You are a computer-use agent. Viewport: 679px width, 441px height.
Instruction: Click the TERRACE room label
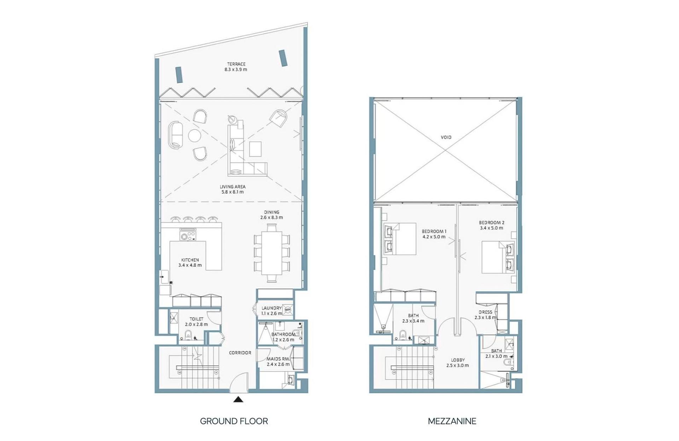236,64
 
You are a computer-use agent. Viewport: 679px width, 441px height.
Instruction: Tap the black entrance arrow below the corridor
238,400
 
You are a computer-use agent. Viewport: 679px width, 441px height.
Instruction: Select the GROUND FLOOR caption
234,421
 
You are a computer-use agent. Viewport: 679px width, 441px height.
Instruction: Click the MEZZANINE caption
452,421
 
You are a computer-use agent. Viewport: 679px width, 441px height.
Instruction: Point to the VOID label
446,137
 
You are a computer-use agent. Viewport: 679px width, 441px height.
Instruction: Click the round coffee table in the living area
195,135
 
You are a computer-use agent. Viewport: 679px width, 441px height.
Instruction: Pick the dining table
272,253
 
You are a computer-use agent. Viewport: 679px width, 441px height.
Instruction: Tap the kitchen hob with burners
188,235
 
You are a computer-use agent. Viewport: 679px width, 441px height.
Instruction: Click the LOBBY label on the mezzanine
458,360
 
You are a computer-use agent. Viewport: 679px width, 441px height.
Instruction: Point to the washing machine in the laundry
288,310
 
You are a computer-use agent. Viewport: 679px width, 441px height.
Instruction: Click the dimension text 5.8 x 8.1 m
233,192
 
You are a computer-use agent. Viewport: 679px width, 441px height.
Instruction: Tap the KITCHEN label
190,260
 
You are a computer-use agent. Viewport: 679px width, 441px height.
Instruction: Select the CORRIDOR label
240,353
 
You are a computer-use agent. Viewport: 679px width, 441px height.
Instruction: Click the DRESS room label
485,312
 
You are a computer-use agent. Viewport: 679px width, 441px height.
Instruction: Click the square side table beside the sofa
255,149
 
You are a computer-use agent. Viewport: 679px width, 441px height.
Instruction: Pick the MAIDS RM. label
278,359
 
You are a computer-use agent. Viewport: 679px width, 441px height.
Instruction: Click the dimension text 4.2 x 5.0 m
434,237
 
